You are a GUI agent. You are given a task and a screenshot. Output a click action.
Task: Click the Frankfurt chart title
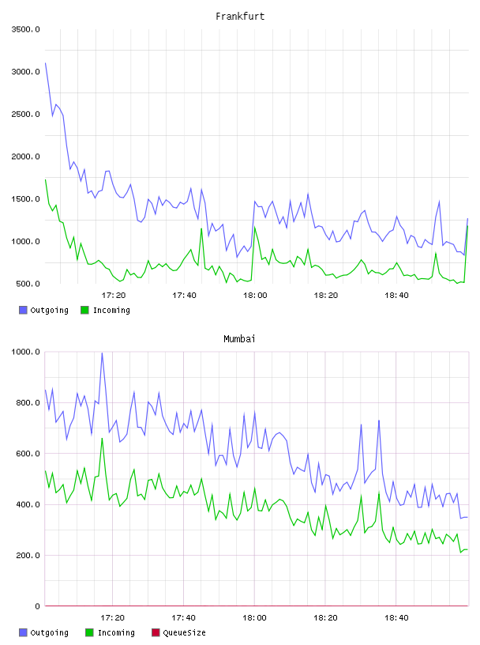(x=240, y=16)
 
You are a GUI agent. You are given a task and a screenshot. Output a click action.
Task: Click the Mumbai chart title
(x=239, y=338)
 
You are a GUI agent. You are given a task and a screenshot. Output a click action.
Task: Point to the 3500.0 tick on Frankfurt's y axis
(x=26, y=29)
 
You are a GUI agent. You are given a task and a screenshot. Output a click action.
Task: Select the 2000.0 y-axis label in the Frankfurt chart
(x=26, y=157)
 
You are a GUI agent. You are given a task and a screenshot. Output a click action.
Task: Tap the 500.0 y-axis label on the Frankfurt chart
(x=28, y=284)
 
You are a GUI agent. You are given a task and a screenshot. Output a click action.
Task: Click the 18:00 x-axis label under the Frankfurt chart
(x=255, y=295)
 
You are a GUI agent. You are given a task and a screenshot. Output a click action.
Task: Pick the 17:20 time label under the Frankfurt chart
(x=114, y=295)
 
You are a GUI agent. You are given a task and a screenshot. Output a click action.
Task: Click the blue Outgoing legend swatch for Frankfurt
(x=23, y=310)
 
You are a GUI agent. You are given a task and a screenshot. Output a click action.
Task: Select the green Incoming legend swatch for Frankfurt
(x=84, y=310)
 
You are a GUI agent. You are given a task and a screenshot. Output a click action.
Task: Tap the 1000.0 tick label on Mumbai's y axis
(x=26, y=352)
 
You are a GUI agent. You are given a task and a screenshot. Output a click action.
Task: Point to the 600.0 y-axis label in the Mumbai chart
(x=28, y=453)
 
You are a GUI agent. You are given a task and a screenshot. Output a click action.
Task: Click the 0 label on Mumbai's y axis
(x=37, y=606)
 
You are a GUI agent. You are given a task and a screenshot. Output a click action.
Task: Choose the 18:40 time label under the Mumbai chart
(x=396, y=617)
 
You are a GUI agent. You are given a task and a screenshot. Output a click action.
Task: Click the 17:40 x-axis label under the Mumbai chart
(x=184, y=617)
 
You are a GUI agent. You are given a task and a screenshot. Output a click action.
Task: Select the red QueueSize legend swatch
(x=156, y=632)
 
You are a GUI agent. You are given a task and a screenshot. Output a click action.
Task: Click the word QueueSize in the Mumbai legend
(x=184, y=632)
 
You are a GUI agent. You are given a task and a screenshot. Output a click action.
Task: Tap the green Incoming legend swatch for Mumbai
(x=89, y=632)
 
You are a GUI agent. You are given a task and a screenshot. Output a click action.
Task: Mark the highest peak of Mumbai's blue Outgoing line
(x=102, y=353)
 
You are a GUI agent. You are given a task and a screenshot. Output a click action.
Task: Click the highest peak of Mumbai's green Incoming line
(x=102, y=438)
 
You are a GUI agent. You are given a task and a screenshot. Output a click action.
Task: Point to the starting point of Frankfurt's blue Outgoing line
(x=45, y=63)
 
